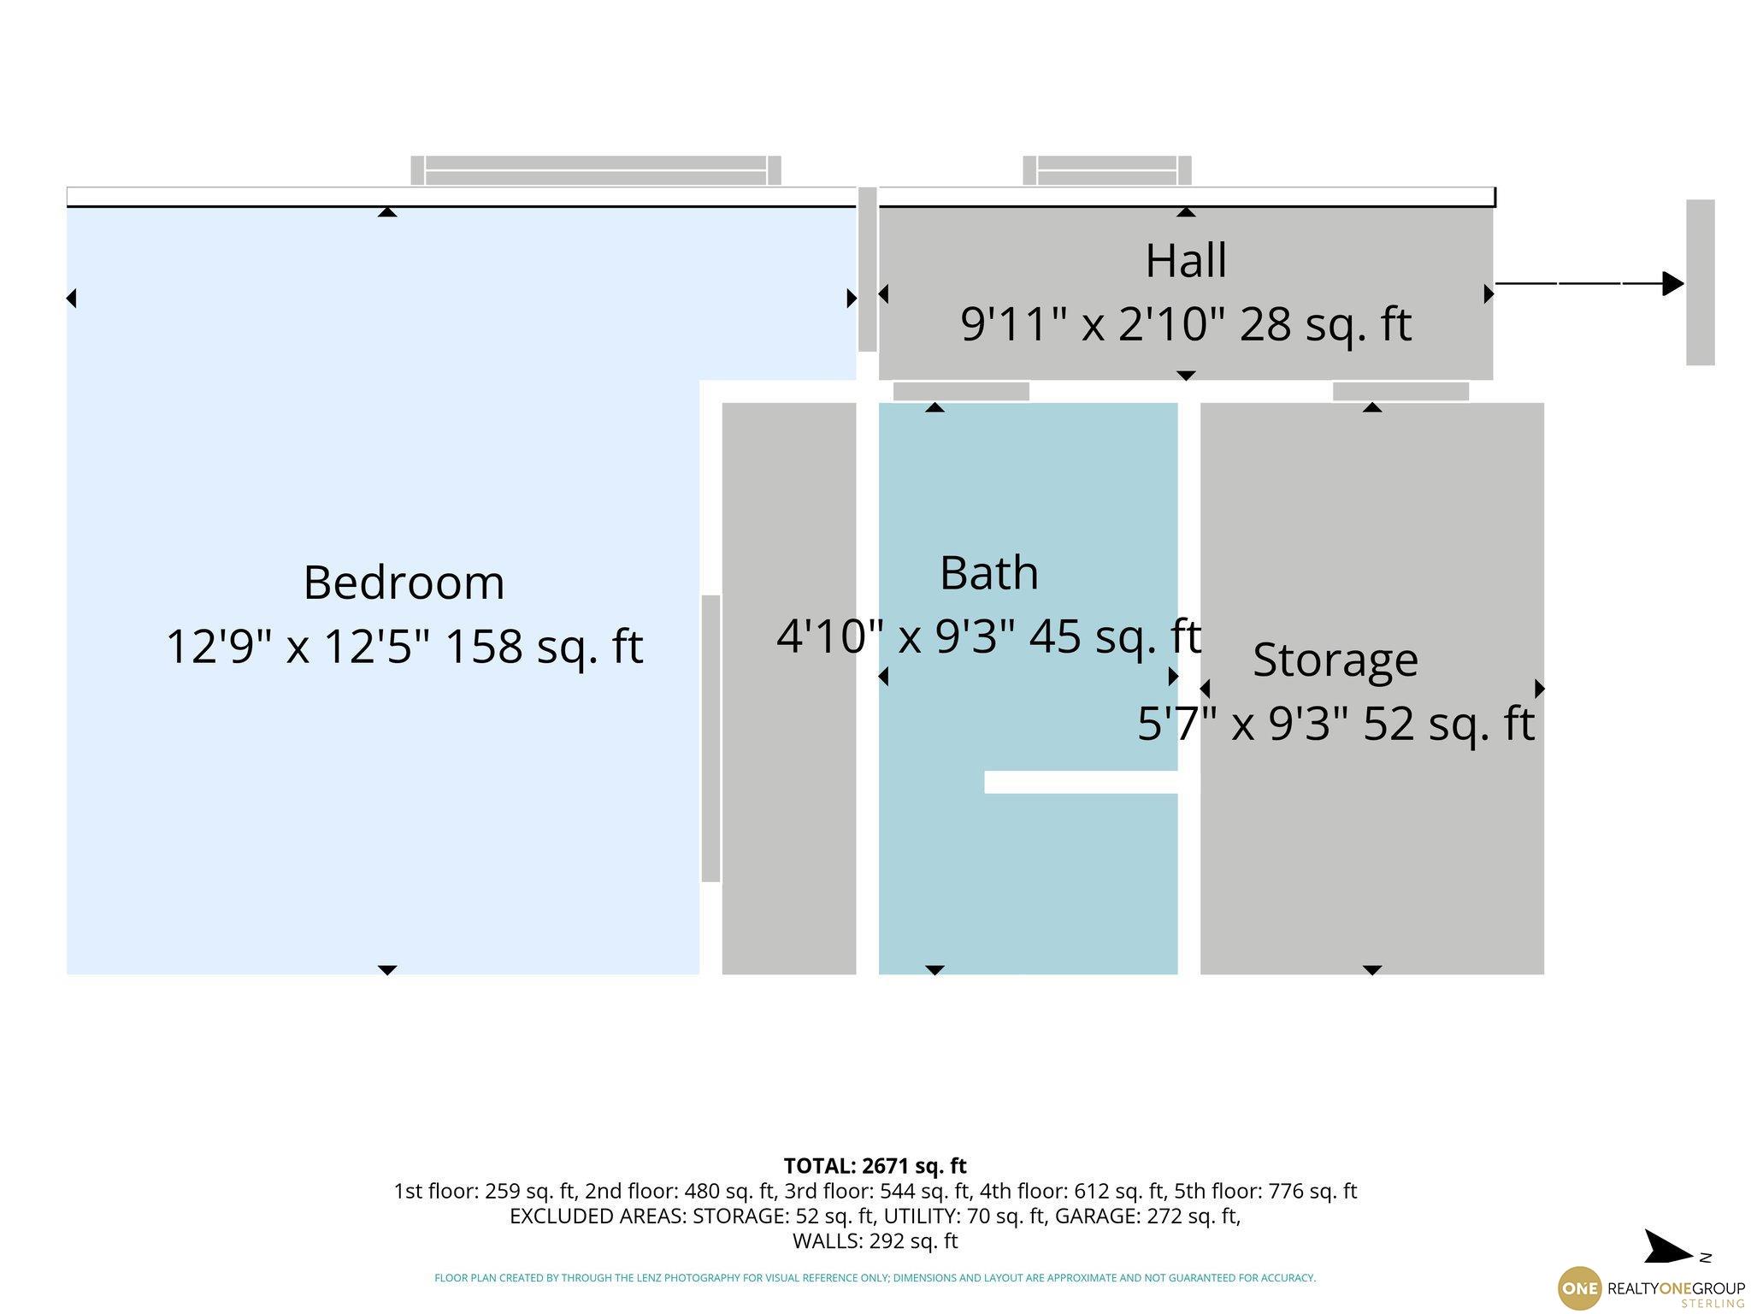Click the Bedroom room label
click(404, 583)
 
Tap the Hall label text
click(1186, 260)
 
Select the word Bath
click(989, 572)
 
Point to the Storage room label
click(1335, 660)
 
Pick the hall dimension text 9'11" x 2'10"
click(1093, 324)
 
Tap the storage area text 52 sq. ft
click(1448, 724)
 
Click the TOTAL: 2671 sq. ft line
click(875, 1165)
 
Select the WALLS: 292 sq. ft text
click(875, 1240)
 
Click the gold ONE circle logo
click(1580, 1288)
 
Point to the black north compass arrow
click(1667, 1248)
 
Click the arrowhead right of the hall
click(1673, 283)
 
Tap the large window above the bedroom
click(596, 170)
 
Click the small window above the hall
click(1107, 170)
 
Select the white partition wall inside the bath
click(1082, 782)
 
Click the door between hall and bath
click(961, 392)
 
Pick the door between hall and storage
click(1400, 392)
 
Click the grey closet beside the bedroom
click(789, 689)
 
